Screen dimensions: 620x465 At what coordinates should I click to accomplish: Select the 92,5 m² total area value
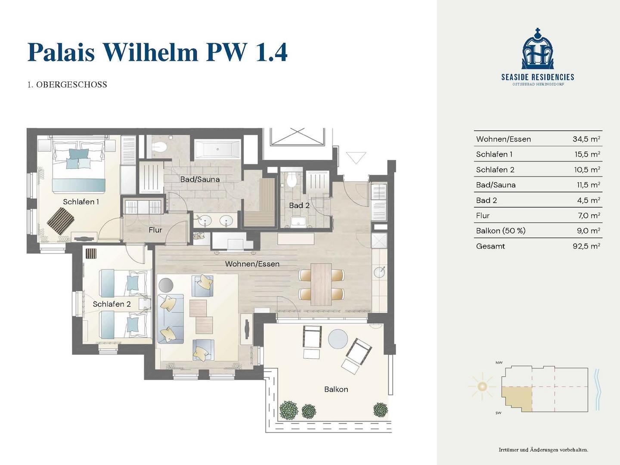tap(586, 246)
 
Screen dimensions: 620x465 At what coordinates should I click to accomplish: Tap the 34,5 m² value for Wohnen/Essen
tap(586, 139)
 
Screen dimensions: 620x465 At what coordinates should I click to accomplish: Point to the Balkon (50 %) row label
tap(500, 231)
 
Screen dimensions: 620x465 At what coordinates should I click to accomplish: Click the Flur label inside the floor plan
tap(155, 230)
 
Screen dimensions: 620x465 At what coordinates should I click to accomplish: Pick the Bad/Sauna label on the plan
tap(200, 179)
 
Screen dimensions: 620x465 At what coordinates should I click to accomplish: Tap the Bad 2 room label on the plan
tap(299, 205)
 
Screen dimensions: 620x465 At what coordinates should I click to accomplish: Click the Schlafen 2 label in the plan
tap(112, 304)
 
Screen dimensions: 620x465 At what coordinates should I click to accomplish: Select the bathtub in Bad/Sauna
tap(217, 149)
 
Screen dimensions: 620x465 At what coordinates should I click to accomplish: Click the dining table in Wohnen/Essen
tap(321, 284)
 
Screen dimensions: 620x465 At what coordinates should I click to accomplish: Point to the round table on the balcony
tap(338, 339)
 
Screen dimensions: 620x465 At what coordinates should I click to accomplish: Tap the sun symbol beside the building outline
tap(482, 386)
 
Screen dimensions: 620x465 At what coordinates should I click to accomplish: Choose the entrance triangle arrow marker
tap(356, 158)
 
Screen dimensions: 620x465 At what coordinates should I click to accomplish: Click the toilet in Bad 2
tap(291, 179)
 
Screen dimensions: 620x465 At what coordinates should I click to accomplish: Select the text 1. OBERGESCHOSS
tap(67, 85)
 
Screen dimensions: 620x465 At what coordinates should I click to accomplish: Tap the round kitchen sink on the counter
tap(379, 272)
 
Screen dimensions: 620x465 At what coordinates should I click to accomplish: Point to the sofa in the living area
tap(170, 319)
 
